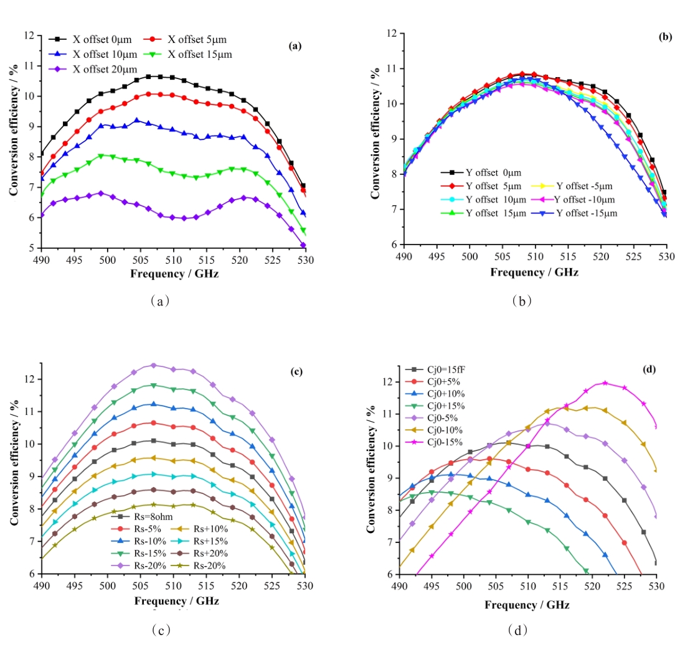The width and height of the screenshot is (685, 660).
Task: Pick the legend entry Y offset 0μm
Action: pos(483,172)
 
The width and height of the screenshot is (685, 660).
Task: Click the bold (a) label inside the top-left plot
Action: pos(295,45)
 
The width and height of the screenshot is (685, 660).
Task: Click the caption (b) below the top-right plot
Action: pos(521,301)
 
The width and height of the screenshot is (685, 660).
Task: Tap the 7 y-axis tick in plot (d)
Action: pos(389,542)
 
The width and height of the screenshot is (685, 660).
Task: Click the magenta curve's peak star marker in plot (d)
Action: pos(605,383)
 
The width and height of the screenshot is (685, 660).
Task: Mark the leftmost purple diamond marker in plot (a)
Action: pos(41,215)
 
